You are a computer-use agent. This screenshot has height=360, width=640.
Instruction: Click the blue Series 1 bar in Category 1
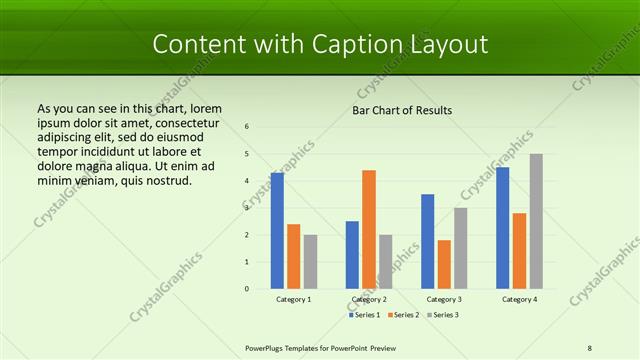click(277, 231)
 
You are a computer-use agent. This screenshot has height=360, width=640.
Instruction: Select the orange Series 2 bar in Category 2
click(369, 229)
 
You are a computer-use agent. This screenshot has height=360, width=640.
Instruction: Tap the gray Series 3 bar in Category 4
click(536, 221)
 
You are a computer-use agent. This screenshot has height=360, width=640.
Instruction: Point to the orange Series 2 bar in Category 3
click(444, 264)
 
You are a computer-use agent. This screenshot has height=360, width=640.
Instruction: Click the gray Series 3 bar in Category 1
click(310, 261)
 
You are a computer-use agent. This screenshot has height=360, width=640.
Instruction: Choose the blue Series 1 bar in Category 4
click(503, 228)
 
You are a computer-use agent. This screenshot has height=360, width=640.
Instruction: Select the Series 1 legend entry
click(365, 315)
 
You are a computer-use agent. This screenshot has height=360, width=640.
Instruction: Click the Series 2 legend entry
click(403, 315)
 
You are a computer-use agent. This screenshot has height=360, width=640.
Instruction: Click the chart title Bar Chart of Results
click(402, 110)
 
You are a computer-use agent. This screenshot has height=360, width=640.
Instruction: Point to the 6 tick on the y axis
click(247, 127)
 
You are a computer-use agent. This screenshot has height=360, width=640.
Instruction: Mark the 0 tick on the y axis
click(247, 289)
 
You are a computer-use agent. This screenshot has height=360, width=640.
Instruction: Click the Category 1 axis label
click(293, 299)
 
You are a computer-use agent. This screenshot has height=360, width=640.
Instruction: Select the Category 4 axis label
click(519, 299)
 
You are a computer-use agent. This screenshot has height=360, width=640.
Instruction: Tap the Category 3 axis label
click(444, 299)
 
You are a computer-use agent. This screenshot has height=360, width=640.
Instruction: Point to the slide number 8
click(590, 348)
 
